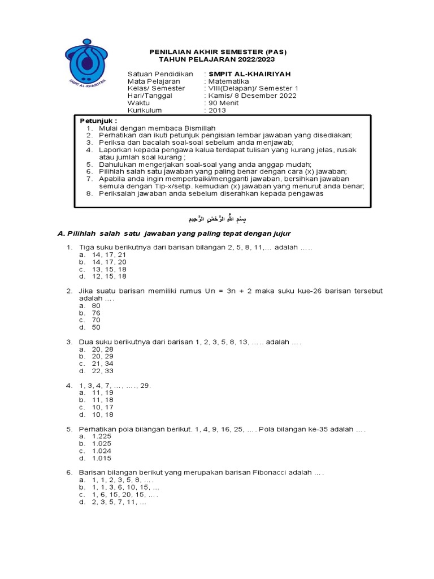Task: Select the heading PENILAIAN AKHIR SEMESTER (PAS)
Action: click(218, 52)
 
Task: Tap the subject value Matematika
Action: click(228, 81)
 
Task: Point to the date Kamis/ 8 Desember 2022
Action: click(252, 96)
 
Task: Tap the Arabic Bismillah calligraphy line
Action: click(218, 218)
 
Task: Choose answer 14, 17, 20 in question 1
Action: click(113, 262)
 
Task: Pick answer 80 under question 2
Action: click(97, 305)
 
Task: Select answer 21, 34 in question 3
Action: click(103, 364)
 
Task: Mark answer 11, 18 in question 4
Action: click(103, 399)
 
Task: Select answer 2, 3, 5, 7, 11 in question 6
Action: click(119, 502)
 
